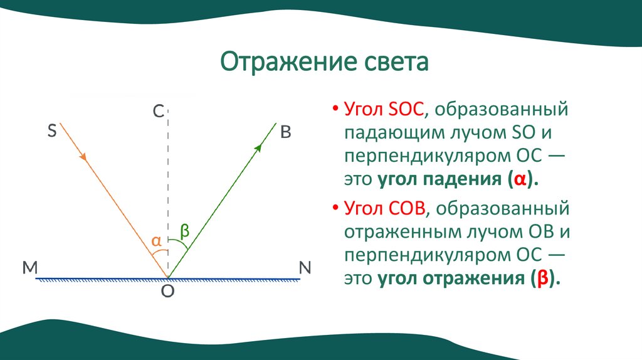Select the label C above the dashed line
tap(158, 112)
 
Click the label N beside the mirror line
tap(305, 268)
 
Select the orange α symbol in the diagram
tap(157, 240)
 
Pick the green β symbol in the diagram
tap(184, 231)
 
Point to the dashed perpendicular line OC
tap(168, 188)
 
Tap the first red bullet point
tap(336, 110)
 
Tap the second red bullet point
tap(336, 208)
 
